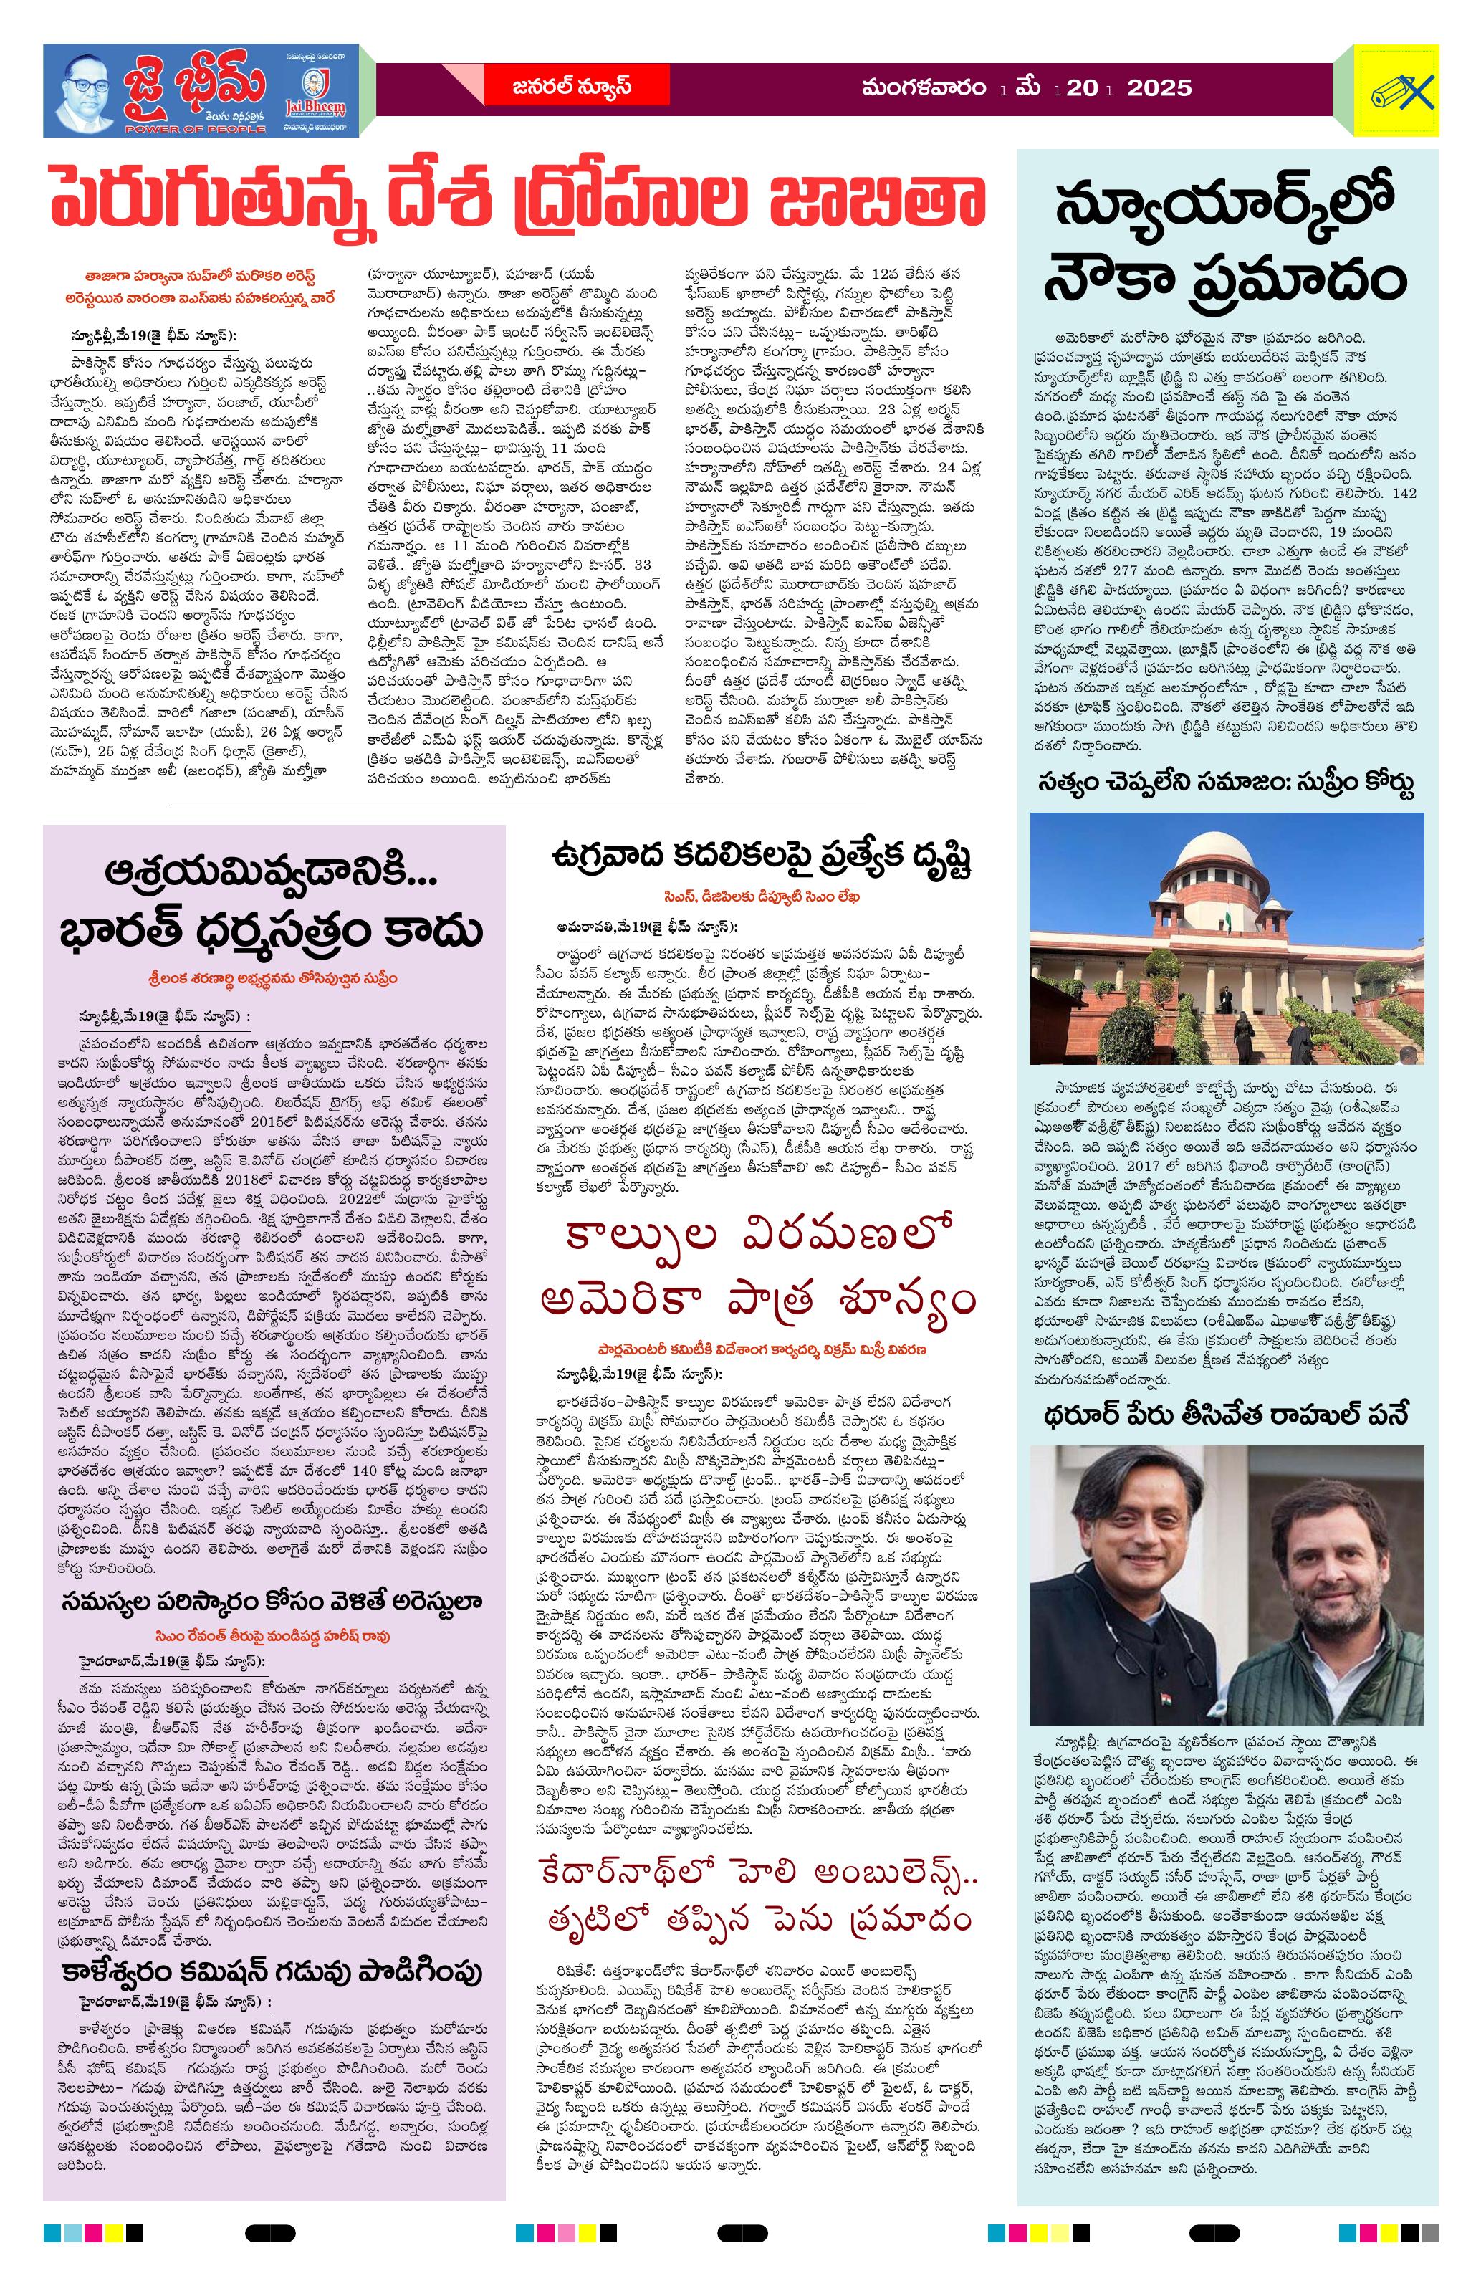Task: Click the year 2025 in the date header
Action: coord(1159,88)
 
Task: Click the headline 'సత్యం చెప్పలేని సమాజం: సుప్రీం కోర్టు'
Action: coord(1227,783)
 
